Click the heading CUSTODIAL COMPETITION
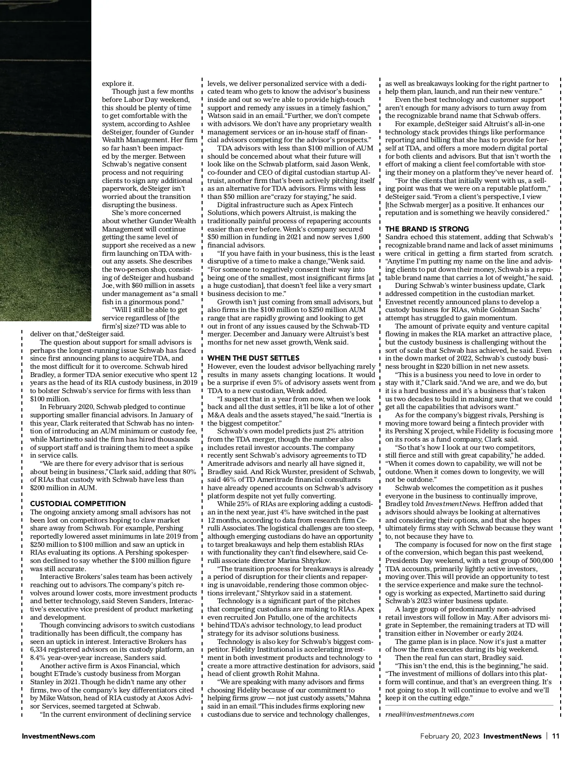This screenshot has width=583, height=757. tap(78, 504)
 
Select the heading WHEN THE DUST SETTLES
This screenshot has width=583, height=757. tap(254, 358)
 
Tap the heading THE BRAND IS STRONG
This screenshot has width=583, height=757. tap(427, 229)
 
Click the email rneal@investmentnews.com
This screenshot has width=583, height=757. tap(429, 714)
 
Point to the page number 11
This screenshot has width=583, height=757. tap(556, 736)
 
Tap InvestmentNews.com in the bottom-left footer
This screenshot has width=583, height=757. tap(58, 736)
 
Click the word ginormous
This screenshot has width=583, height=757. tap(154, 302)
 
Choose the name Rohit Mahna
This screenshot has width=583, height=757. tap(298, 674)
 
